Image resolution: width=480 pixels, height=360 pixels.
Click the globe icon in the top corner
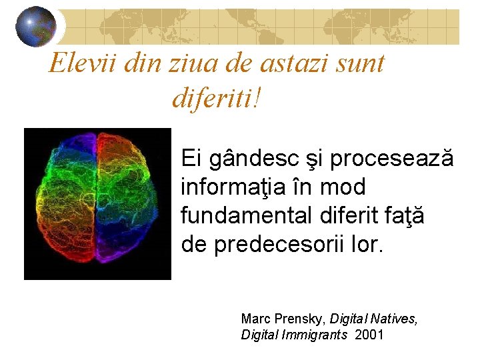coord(35,27)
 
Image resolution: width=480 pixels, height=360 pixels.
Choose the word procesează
coord(392,159)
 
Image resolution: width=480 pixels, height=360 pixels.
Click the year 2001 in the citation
coord(369,335)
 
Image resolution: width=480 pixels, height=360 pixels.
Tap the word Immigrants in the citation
coord(317,335)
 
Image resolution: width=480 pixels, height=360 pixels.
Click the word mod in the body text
coord(350,188)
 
